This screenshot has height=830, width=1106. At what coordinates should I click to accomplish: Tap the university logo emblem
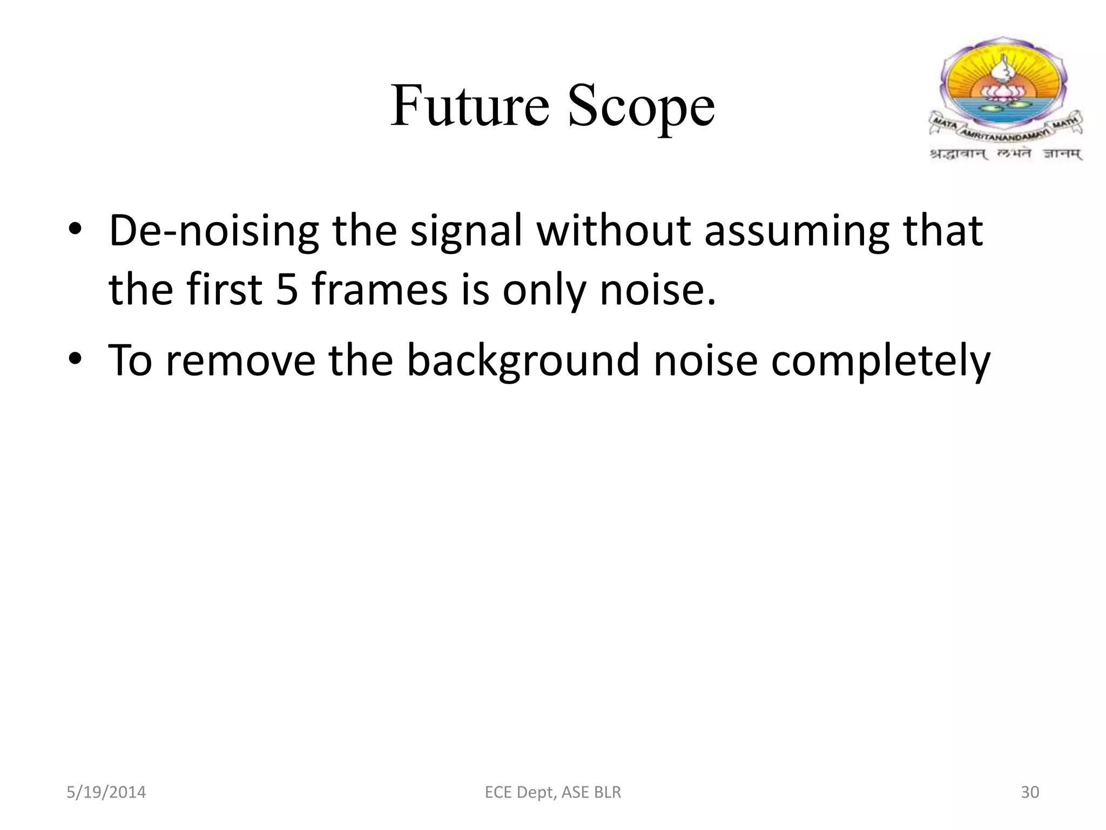(x=1006, y=86)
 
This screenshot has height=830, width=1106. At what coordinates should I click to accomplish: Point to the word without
(x=613, y=231)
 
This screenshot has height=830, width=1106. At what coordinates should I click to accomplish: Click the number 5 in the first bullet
(x=287, y=289)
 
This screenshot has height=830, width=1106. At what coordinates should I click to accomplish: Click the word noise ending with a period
(x=658, y=289)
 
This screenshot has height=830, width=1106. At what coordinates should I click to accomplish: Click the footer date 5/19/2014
(x=106, y=792)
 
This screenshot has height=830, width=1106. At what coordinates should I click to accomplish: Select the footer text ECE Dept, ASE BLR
(x=553, y=792)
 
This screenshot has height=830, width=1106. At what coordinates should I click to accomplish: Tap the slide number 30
(x=1030, y=792)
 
